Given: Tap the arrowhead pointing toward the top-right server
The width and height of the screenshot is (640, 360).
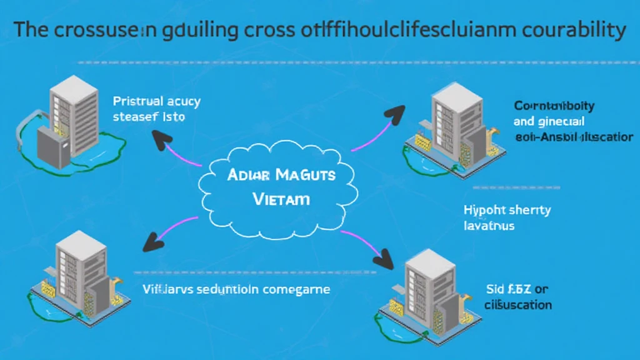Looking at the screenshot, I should (394, 113).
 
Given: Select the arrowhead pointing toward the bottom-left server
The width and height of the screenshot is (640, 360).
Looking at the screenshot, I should (152, 242).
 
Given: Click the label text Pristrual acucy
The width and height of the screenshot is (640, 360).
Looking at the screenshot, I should (156, 101).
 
